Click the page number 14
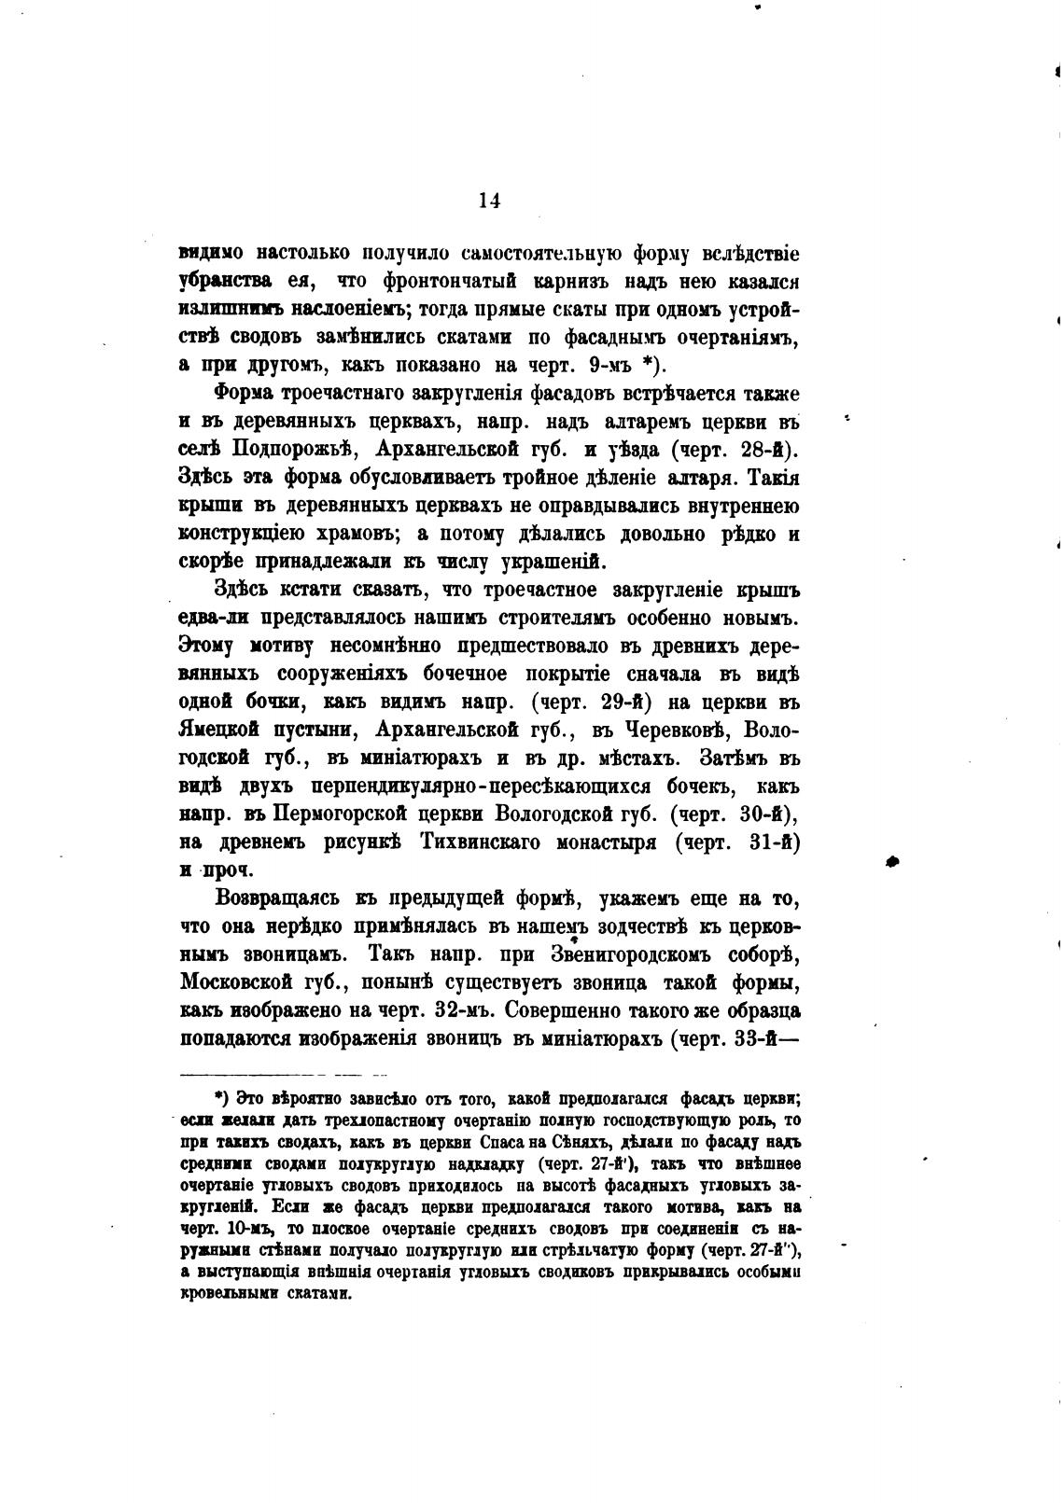point(490,201)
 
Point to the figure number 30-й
point(765,814)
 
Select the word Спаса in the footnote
point(481,1143)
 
